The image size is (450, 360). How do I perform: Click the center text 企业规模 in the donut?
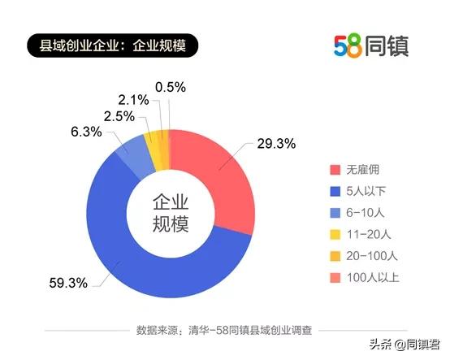tap(170, 213)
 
